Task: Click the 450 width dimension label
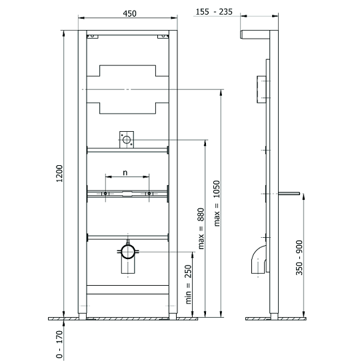coord(129,13)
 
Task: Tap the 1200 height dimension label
coord(59,173)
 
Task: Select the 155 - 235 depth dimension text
coord(214,12)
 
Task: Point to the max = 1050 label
coord(217,203)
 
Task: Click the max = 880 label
coord(201,228)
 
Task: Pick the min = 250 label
coord(188,284)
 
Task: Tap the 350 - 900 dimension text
coord(299,258)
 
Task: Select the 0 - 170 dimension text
coord(59,344)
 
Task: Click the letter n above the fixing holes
coord(125,173)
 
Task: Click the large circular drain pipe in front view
coord(128,252)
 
